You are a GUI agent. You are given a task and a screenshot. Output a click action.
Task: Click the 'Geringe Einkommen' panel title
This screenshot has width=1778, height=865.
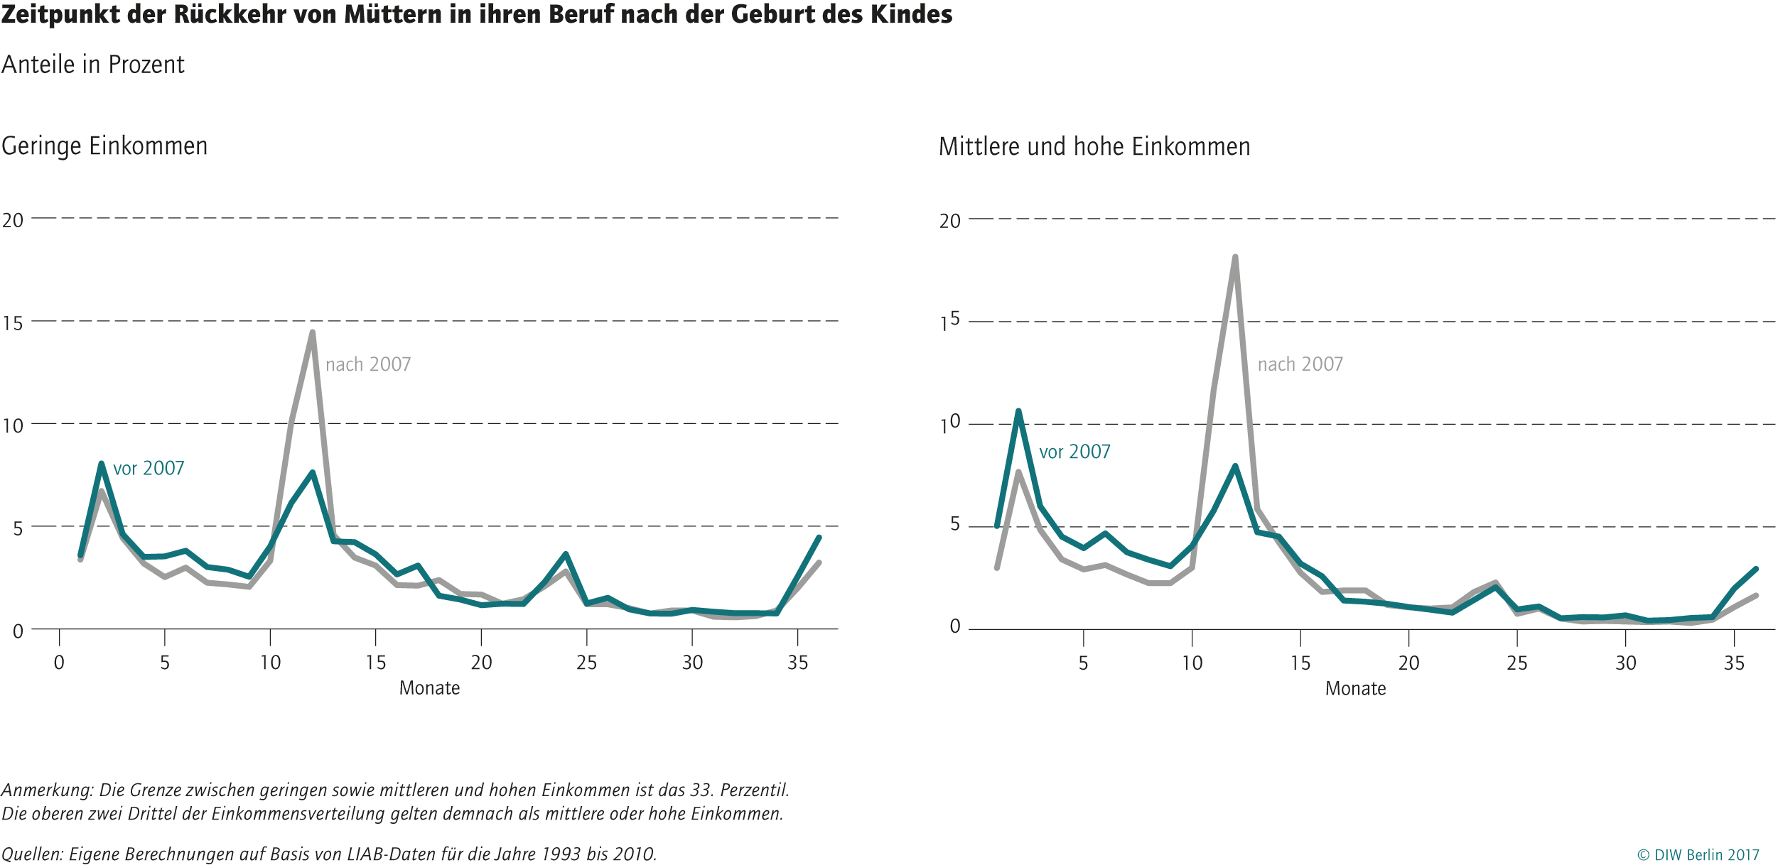pos(104,146)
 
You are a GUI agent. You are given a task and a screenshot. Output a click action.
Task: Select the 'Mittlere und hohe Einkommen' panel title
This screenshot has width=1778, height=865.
pos(1094,147)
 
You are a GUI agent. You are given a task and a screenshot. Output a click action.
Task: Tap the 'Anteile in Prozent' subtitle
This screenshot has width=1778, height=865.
pos(92,65)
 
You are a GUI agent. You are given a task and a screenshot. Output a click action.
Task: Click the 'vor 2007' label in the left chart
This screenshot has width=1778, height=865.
pos(149,468)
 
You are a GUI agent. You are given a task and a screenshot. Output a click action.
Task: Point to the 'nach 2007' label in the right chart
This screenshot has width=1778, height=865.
pos(1300,364)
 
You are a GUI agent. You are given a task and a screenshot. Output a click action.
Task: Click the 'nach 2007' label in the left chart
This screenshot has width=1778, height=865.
pos(368,364)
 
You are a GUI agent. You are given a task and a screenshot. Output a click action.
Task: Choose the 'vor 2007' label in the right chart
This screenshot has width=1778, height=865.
pos(1074,452)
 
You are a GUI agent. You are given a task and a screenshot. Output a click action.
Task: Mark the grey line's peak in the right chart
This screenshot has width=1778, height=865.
pos(1235,258)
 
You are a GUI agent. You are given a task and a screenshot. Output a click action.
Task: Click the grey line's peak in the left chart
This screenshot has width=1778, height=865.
pos(312,332)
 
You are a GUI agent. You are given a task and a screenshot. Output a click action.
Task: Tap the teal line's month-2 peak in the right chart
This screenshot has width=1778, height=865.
pos(1018,412)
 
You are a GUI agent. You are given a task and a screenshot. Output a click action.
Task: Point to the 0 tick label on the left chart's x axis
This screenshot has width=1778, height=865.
pos(59,663)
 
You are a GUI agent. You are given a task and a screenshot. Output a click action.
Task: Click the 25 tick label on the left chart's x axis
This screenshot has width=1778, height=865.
pos(586,663)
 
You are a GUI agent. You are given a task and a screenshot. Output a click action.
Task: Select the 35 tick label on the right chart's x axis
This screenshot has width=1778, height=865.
pos(1734,663)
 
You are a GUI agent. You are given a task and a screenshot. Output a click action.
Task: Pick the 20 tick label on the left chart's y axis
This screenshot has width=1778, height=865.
pos(13,220)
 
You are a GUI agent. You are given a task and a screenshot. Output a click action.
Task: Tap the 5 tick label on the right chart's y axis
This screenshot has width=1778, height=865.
pos(954,524)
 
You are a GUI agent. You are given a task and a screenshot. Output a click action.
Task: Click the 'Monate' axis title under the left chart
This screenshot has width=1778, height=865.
pos(429,687)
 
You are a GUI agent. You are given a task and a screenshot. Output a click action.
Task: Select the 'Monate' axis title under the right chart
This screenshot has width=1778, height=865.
pos(1355,688)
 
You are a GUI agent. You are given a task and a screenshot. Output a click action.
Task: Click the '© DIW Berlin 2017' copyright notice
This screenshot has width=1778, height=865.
pos(1698,855)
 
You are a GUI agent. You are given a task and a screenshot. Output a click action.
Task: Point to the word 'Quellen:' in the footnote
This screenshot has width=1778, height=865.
pos(32,854)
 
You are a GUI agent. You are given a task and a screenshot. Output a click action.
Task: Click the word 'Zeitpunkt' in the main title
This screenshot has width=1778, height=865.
pos(60,14)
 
